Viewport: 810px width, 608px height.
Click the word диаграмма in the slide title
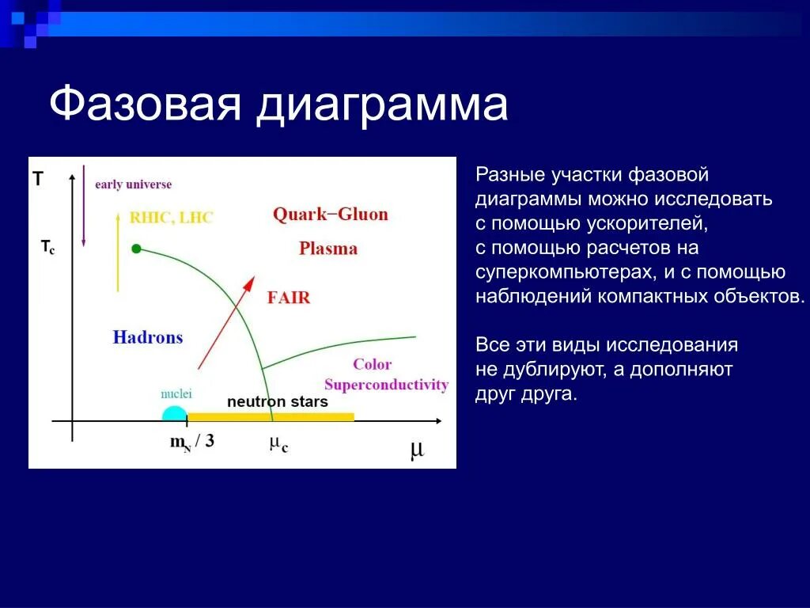[x=382, y=105]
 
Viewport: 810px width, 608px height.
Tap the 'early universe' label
[x=133, y=184]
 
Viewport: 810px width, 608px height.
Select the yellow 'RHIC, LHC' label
[x=171, y=218]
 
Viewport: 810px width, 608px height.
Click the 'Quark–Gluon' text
[x=330, y=214]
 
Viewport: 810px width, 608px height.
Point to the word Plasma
[x=328, y=249]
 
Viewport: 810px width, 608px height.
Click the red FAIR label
[x=289, y=298]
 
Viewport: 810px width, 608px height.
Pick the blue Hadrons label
[x=148, y=337]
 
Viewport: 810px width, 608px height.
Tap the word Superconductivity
[x=386, y=386]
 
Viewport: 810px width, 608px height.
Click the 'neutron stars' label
[x=278, y=401]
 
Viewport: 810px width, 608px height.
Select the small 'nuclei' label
[x=176, y=394]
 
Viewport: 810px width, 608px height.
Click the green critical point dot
[x=136, y=249]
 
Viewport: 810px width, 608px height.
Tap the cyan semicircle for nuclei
[x=174, y=414]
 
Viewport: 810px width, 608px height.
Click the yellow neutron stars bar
[x=271, y=416]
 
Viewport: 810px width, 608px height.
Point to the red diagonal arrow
[x=226, y=323]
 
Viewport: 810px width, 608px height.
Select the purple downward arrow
[x=83, y=206]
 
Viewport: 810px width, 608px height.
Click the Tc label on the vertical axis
[x=47, y=247]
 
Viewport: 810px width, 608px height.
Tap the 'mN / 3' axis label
[x=191, y=442]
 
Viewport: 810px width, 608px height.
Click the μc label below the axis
[x=278, y=444]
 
